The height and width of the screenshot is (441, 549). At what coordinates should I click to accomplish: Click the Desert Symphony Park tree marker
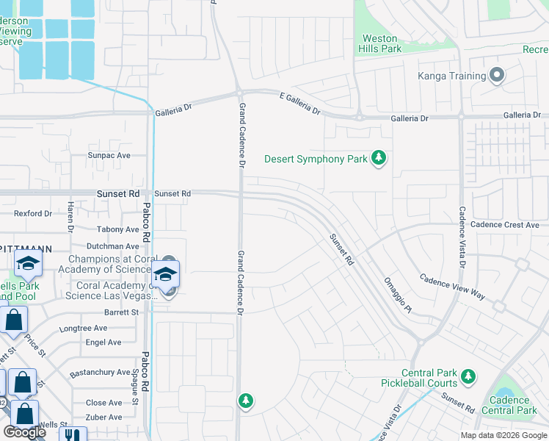[x=379, y=159]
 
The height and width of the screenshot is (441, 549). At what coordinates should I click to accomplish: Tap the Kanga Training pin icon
[x=497, y=76]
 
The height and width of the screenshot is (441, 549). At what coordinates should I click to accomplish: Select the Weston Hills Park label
[x=380, y=43]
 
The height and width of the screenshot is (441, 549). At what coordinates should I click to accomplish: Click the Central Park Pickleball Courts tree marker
[x=468, y=378]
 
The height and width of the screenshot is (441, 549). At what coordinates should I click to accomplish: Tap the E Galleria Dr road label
[x=299, y=102]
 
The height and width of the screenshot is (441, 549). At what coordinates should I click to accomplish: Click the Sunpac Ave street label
[x=109, y=156]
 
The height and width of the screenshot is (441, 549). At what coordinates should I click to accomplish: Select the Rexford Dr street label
[x=33, y=214]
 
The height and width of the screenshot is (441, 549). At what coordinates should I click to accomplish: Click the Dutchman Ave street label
[x=112, y=247]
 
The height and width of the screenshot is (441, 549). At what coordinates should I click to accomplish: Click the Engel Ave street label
[x=103, y=343]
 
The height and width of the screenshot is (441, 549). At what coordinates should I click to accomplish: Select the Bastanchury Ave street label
[x=100, y=373]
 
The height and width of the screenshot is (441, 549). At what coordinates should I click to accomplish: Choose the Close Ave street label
[x=104, y=403]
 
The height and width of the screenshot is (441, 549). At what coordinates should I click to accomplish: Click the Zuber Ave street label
[x=104, y=417]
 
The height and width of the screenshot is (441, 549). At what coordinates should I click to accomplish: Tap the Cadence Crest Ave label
[x=504, y=225]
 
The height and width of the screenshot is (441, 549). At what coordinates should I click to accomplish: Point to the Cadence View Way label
[x=452, y=287]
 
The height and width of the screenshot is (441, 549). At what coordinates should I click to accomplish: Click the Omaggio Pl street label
[x=398, y=295]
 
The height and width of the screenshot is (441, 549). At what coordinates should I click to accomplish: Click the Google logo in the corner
[x=24, y=432]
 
